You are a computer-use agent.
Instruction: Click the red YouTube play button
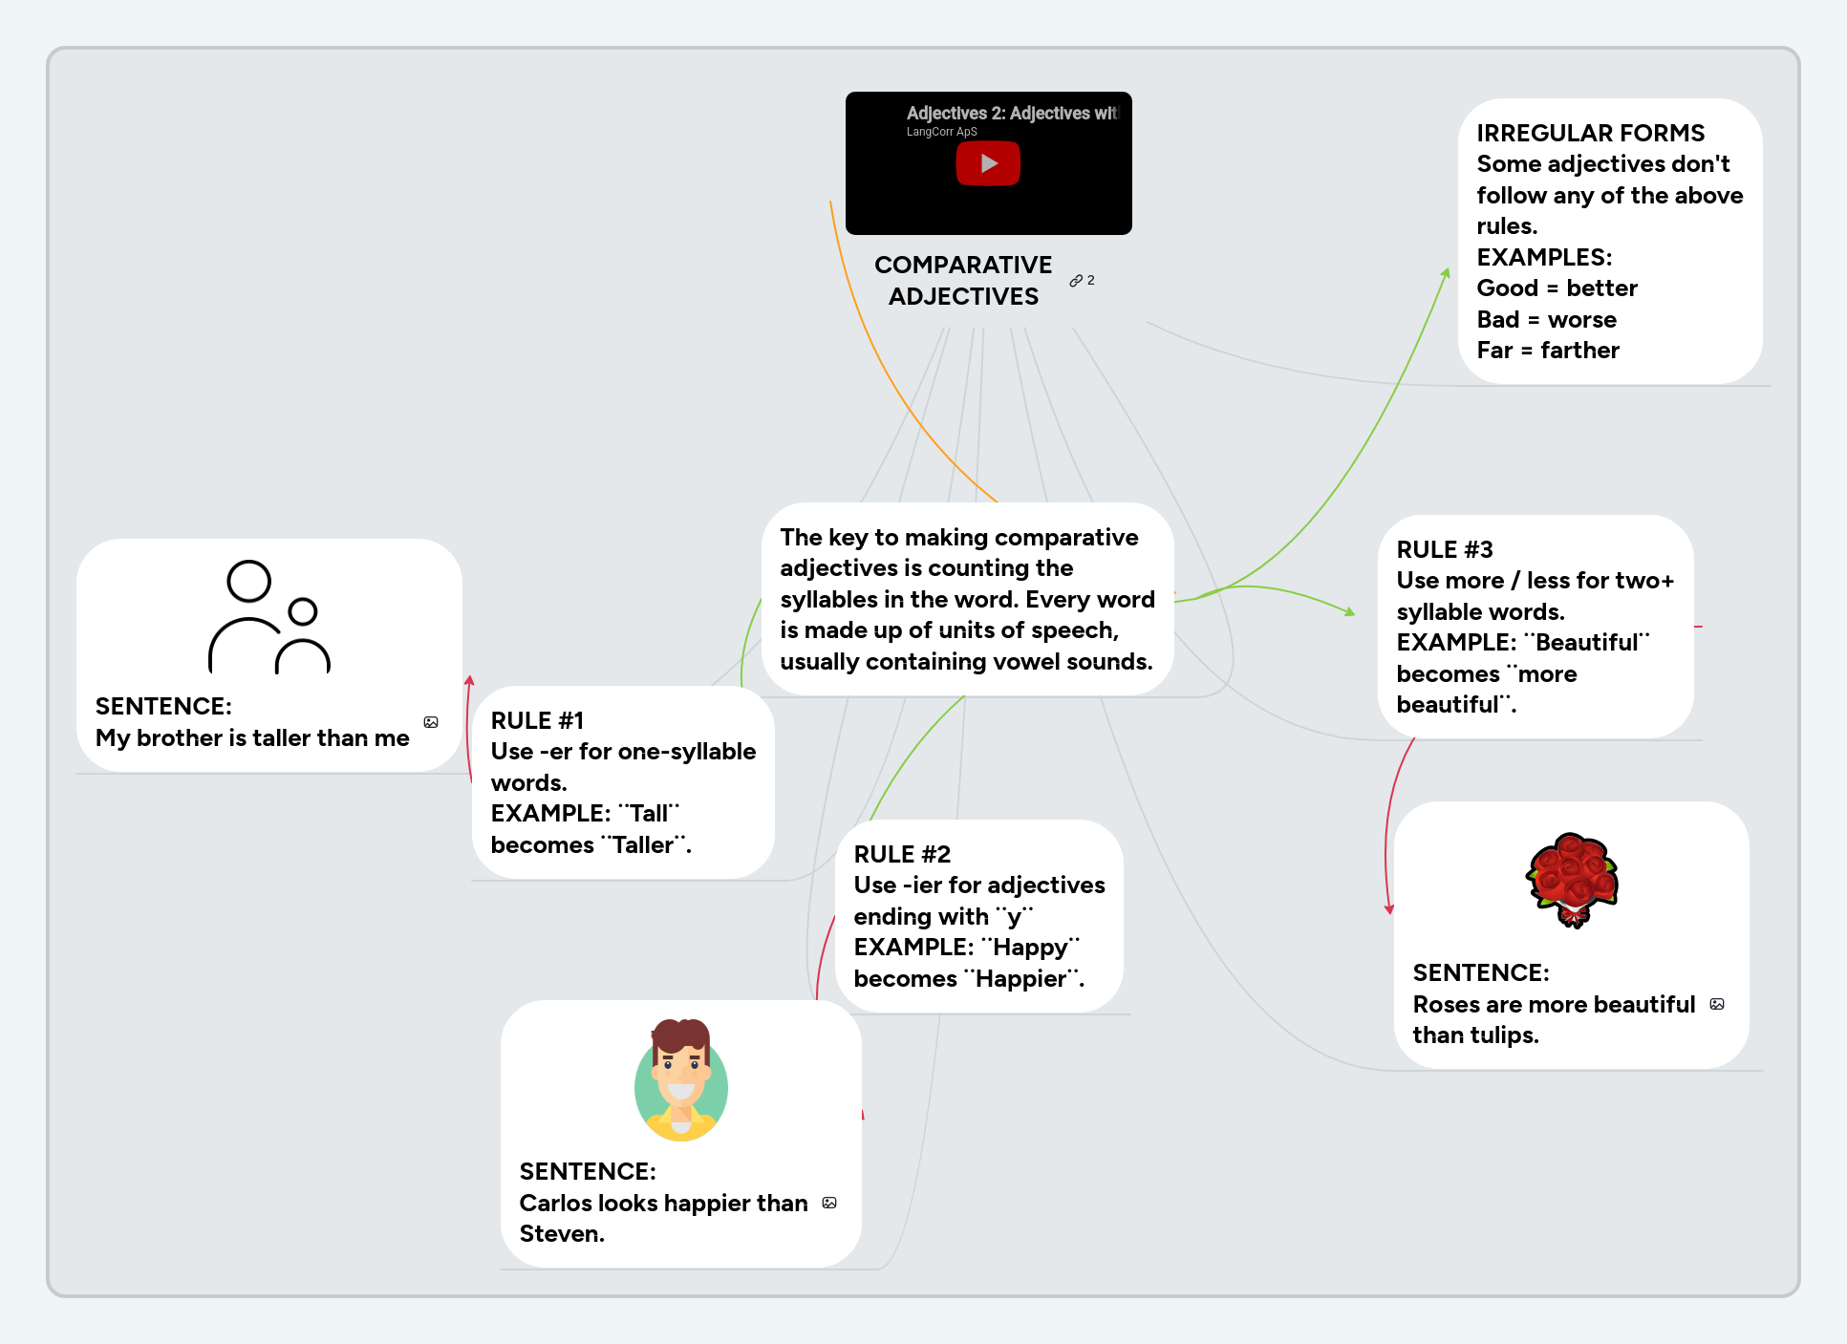pos(988,163)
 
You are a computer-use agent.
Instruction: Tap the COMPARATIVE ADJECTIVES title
pos(963,280)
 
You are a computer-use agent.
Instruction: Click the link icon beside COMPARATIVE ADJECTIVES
pos(1077,281)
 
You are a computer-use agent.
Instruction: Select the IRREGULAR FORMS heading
pos(1590,133)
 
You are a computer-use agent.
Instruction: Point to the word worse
pos(1582,319)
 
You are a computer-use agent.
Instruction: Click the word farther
pos(1579,351)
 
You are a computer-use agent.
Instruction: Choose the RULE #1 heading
pos(537,720)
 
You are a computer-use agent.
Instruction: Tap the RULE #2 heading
pos(902,854)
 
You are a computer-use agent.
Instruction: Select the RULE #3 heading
pos(1444,549)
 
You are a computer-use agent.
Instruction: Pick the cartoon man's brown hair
pos(680,1035)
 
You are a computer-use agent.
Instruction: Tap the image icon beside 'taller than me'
pos(431,722)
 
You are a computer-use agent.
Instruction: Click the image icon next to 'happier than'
pos(829,1203)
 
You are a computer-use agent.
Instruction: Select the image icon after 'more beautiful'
pos(1717,1004)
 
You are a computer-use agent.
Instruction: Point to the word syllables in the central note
pos(822,599)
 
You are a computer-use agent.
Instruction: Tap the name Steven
pos(561,1234)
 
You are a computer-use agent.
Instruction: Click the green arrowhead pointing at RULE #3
pos(1350,611)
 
